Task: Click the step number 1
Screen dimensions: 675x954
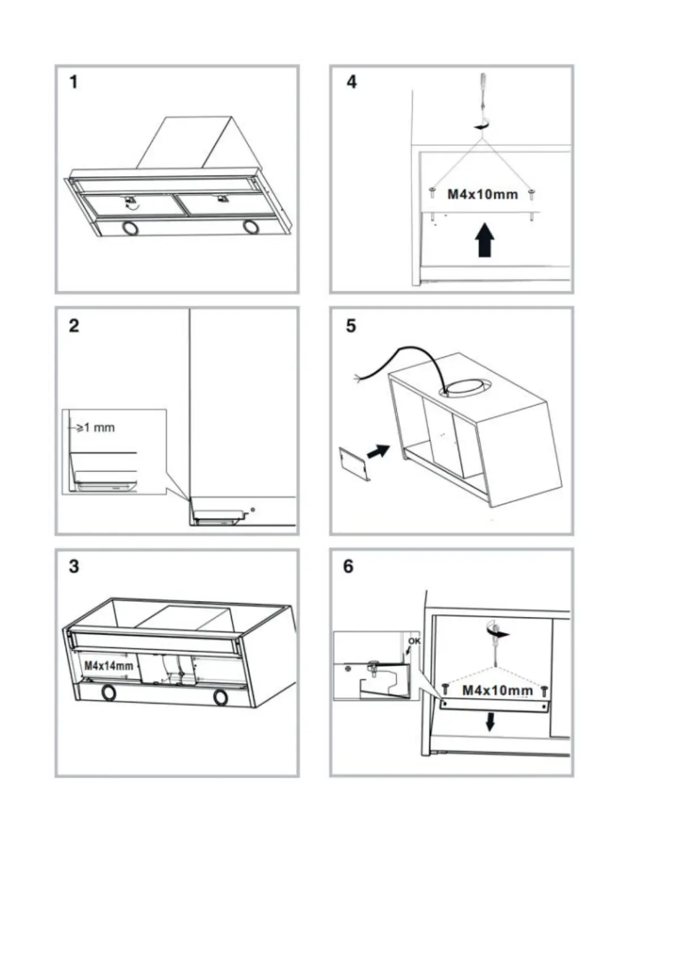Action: tap(74, 82)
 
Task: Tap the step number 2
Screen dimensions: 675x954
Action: tap(74, 326)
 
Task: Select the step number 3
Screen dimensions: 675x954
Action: tap(74, 567)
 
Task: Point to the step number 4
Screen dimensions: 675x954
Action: tap(351, 82)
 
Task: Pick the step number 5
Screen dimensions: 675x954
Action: tap(351, 326)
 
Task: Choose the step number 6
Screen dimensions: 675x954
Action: tap(348, 567)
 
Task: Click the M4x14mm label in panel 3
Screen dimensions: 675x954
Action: tap(109, 665)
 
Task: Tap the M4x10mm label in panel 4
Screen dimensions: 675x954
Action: tap(482, 195)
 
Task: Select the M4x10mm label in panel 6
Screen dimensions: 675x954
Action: tap(497, 690)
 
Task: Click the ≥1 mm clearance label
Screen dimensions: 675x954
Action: tap(95, 427)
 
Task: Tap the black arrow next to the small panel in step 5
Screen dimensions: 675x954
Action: tap(379, 450)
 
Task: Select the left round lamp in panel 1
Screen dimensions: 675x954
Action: tap(130, 228)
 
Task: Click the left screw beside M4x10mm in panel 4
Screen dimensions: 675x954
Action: tap(432, 193)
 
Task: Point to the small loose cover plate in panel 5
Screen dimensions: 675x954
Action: tap(355, 462)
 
